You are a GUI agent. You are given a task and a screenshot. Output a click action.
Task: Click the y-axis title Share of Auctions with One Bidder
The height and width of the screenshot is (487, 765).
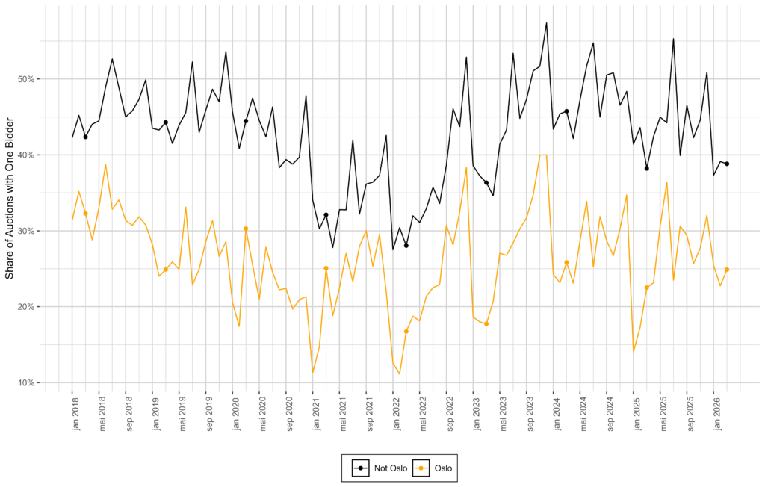click(x=10, y=194)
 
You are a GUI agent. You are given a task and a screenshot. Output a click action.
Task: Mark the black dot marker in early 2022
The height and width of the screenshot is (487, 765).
click(x=406, y=245)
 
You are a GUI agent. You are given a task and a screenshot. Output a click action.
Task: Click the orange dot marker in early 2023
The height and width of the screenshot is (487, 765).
click(x=486, y=323)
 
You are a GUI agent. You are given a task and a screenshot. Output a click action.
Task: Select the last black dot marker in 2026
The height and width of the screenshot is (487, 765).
click(x=727, y=164)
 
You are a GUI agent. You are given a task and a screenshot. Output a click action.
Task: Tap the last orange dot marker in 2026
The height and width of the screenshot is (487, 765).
click(x=727, y=270)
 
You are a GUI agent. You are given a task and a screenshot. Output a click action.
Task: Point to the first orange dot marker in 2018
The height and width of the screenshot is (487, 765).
click(x=85, y=214)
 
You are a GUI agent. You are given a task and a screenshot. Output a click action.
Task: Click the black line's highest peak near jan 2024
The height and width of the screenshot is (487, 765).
click(x=547, y=23)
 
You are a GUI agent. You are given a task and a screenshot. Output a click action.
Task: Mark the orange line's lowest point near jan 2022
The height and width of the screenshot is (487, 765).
click(x=400, y=373)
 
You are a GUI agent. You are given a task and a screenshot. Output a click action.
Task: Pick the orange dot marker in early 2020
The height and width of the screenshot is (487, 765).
click(x=246, y=229)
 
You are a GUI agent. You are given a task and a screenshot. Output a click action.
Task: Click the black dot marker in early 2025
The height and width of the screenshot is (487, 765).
click(x=647, y=168)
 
